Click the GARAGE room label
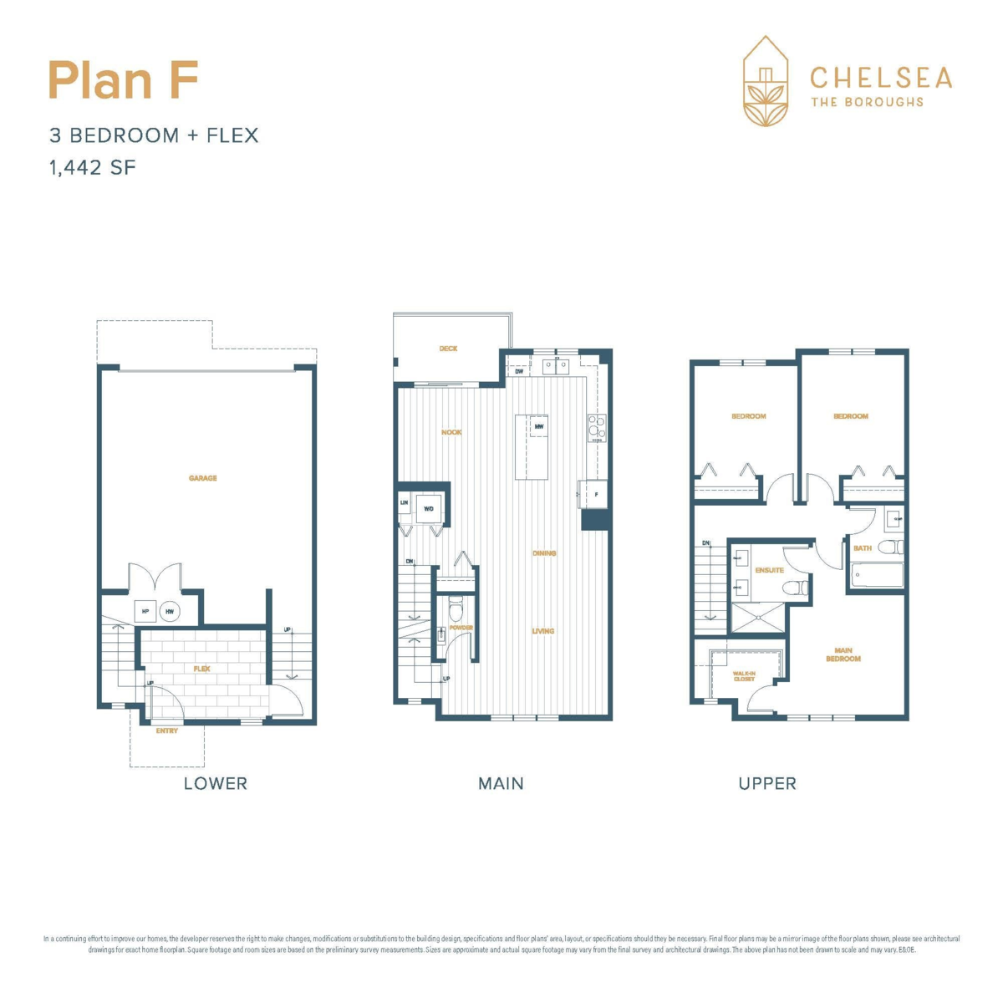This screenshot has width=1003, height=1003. coord(202,478)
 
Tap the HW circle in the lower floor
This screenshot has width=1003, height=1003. coord(170,612)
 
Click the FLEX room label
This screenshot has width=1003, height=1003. coord(201,669)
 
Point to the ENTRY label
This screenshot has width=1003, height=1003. coord(167,731)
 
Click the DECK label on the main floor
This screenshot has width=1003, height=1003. coord(449,349)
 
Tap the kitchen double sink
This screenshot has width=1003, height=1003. coord(556,365)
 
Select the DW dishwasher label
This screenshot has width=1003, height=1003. coord(519,371)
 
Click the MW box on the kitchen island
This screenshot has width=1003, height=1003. coord(539,427)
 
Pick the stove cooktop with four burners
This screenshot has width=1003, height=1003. coord(596,427)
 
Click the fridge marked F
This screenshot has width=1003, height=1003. coord(594,495)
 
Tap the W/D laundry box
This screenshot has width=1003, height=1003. coord(429,508)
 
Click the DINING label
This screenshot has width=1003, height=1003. coord(544,553)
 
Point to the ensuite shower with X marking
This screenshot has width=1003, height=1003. coord(756,617)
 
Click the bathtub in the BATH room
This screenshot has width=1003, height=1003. coord(876,576)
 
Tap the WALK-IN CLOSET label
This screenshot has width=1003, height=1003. coord(744,675)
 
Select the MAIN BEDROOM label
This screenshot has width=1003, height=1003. coord(843,654)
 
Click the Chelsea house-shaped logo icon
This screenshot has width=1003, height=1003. coord(766,81)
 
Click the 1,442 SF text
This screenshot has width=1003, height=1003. coord(92,167)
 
